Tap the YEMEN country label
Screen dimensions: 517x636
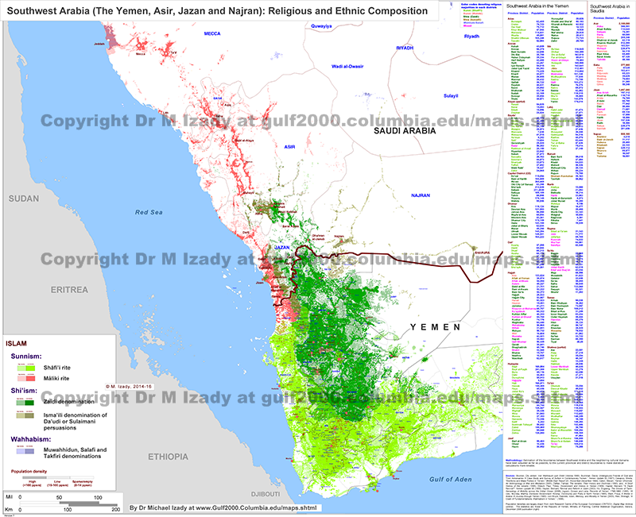coord(435,327)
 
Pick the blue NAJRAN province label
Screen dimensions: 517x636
coord(420,195)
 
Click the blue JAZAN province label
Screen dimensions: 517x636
coord(281,247)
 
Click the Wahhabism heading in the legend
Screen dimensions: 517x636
coord(33,439)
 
